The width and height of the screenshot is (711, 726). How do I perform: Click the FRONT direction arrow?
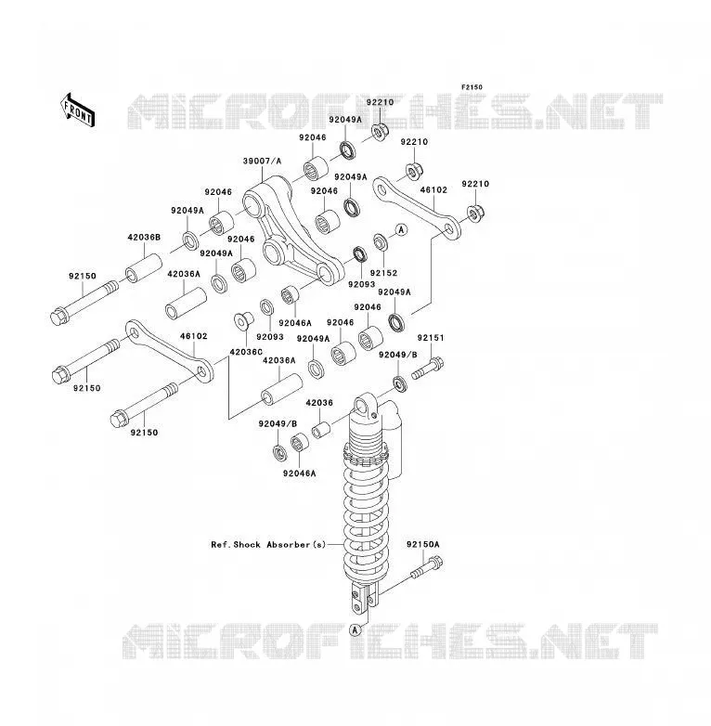77,110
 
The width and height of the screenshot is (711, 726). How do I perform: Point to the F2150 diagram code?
472,87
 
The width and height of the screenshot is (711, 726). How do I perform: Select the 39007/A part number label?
262,162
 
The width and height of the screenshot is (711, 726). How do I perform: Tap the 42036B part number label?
144,238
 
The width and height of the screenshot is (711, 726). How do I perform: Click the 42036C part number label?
246,352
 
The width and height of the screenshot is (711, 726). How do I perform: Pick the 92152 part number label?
383,273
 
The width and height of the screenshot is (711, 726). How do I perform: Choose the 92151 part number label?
431,338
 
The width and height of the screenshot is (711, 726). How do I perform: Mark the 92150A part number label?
423,544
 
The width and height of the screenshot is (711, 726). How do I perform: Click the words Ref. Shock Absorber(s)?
268,544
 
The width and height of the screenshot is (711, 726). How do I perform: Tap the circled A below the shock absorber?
355,629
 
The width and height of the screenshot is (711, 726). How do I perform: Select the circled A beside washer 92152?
401,229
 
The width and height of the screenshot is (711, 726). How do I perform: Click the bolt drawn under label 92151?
427,368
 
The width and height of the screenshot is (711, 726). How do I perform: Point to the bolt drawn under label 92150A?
426,567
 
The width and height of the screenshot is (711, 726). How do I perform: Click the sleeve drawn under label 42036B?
144,268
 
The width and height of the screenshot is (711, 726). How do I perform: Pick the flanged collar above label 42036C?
243,321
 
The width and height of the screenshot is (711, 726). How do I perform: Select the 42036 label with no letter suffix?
319,403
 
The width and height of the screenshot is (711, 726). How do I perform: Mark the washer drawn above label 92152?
381,241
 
